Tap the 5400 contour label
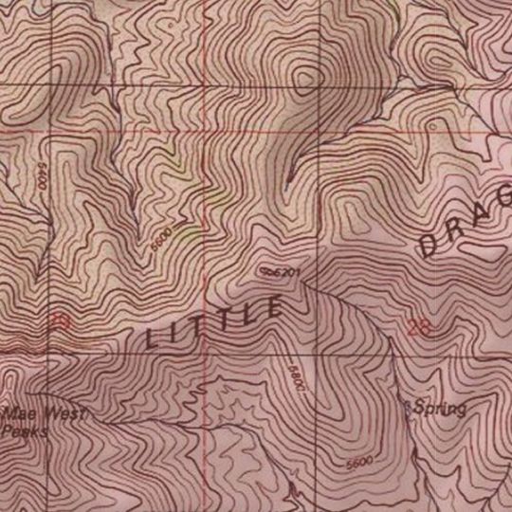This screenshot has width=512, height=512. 42,176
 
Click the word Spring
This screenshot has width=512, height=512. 439,409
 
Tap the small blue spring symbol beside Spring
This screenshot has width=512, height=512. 408,406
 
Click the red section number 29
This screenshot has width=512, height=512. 61,322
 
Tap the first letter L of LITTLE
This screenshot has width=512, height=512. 155,338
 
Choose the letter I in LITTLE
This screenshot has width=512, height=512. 183,330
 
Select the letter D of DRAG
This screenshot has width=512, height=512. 429,247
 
